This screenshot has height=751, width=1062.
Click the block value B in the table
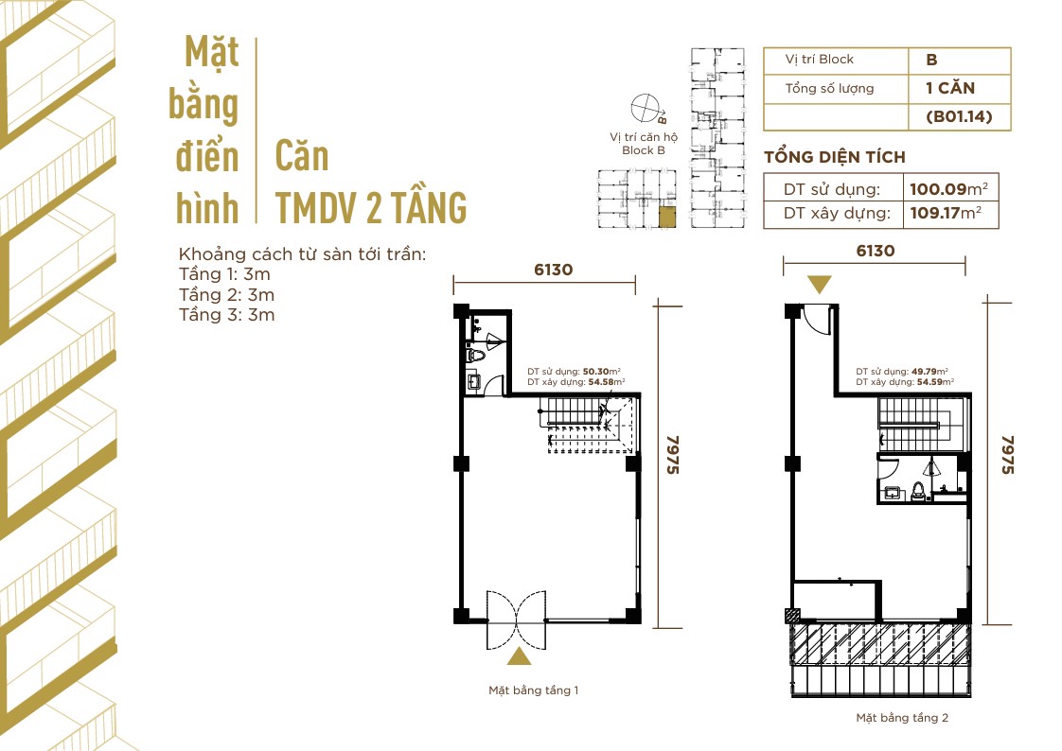point(932,60)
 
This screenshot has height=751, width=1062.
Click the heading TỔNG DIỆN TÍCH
point(834,157)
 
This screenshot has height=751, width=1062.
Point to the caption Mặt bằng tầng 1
point(533,690)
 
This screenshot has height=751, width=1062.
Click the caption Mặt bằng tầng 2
point(902,718)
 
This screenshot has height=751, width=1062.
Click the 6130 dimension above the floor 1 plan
point(554,270)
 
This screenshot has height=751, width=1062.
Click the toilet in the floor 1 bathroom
point(475,356)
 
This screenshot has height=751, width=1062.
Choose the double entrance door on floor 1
point(517,620)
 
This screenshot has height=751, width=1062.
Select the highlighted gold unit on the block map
point(668,218)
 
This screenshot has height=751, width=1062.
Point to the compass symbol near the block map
point(647,108)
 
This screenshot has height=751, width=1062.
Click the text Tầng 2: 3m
point(226,294)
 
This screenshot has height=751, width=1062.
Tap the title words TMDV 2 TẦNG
point(371,206)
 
